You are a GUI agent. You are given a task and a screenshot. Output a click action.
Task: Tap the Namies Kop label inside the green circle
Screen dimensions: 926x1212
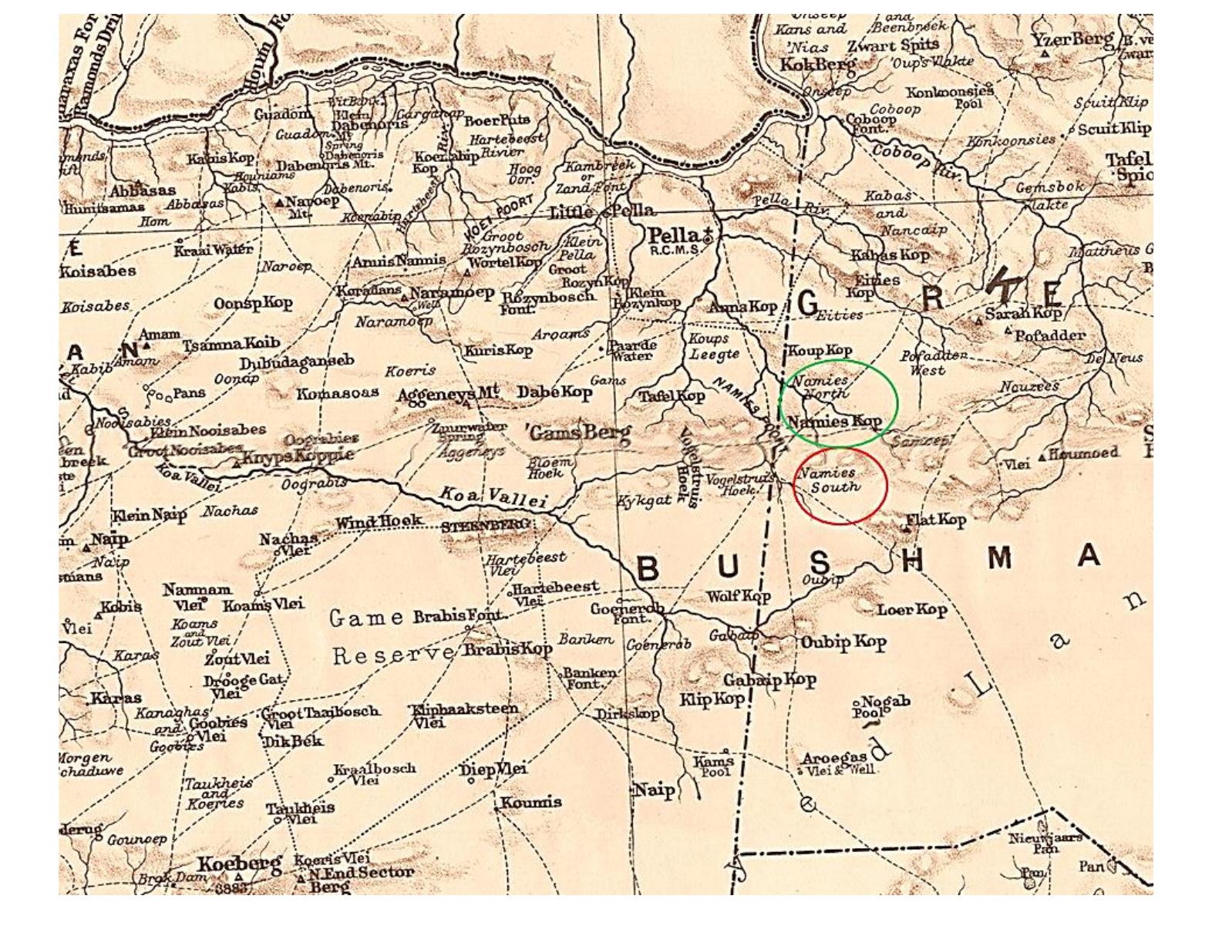tap(834, 422)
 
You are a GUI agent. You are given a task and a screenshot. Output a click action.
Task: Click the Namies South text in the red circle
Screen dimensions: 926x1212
tap(830, 480)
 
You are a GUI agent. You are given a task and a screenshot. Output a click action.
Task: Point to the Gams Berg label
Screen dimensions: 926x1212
tap(579, 433)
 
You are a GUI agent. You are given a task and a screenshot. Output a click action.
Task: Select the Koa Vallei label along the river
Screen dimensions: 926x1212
tap(493, 497)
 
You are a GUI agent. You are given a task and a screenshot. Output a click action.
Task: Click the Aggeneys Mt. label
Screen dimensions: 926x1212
tap(447, 394)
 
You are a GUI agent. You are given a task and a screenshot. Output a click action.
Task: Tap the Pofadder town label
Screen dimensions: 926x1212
tap(1049, 335)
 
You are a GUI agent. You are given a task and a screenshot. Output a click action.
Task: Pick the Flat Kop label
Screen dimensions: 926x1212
tap(935, 520)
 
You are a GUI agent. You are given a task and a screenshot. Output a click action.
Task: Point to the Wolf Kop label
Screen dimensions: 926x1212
tap(738, 596)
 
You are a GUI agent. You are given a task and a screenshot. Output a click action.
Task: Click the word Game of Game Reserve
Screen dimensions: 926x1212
tap(366, 618)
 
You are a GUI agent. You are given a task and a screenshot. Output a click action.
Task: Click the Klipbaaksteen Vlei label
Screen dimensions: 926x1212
tap(465, 714)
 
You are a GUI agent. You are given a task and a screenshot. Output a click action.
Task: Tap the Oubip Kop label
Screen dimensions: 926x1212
tap(843, 641)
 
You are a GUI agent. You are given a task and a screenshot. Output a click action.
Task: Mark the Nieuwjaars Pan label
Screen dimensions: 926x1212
tap(1045, 842)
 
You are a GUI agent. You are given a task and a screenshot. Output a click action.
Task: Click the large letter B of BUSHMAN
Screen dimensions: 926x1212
tap(648, 569)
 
